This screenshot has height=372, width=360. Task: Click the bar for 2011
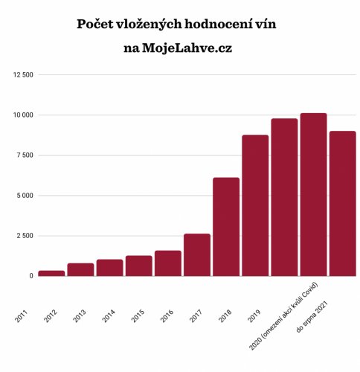(x=51, y=273)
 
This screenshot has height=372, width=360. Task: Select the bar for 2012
(x=80, y=269)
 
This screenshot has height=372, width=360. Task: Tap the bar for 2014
(x=138, y=266)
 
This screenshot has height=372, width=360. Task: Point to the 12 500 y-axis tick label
(x=21, y=75)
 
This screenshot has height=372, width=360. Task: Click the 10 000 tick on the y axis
(x=21, y=115)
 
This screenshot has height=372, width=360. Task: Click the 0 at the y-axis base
(x=30, y=276)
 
